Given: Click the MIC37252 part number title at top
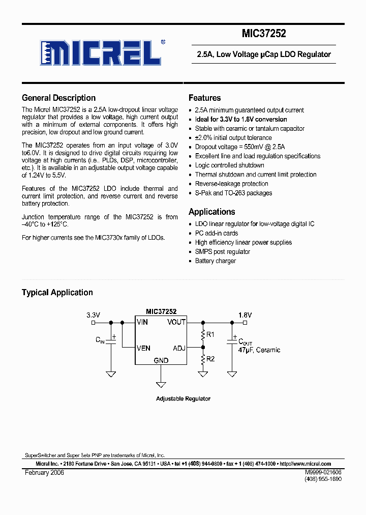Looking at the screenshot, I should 264,34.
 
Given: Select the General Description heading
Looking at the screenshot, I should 58,98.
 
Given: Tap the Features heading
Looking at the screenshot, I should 204,98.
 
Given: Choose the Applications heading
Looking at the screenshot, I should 211,212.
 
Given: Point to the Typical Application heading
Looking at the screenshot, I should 57,293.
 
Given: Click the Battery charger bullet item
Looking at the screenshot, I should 216,261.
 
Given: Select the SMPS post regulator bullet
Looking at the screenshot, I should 223,252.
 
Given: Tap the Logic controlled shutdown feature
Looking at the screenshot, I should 229,165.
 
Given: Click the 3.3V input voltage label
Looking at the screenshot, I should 93,315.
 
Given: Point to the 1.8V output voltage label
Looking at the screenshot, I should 245,315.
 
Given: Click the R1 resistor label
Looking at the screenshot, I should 210,335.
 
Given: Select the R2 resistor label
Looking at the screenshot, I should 210,359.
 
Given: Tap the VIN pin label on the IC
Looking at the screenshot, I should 142,322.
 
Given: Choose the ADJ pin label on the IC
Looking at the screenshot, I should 179,349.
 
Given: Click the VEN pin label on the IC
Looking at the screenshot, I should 143,349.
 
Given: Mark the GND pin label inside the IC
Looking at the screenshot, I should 161,360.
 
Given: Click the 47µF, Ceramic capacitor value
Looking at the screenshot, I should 259,350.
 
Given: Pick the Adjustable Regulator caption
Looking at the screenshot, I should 183,399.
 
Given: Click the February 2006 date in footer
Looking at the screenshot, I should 44,473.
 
